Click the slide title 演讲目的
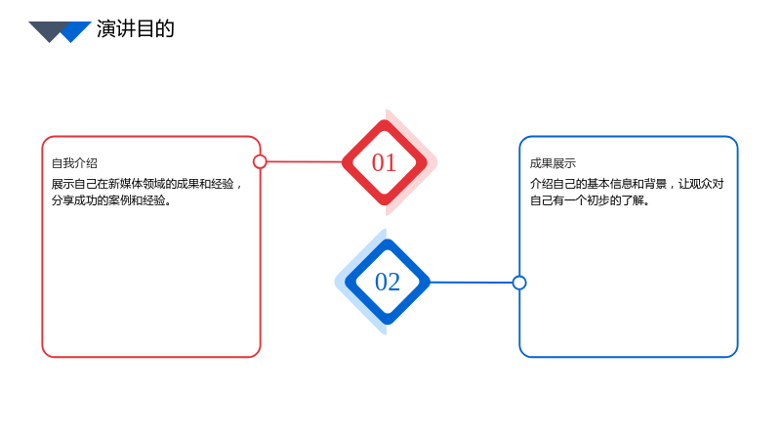(x=136, y=29)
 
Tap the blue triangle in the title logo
(x=76, y=30)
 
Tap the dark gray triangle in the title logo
(x=47, y=29)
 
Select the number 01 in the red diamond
(x=384, y=162)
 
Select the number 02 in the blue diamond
(x=388, y=282)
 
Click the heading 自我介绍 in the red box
(x=74, y=163)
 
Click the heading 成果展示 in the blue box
(x=553, y=163)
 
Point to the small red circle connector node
(x=260, y=161)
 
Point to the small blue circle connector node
(x=519, y=283)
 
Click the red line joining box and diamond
(x=305, y=161)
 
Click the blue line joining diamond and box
(x=472, y=283)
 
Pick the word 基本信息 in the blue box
(x=609, y=184)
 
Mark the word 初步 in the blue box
(x=598, y=200)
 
